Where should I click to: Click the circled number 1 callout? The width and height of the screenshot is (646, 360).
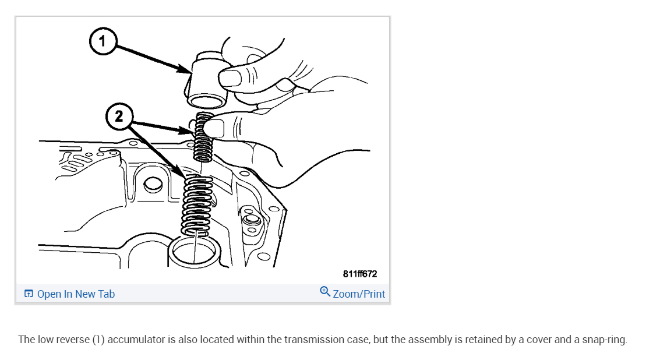click(102, 41)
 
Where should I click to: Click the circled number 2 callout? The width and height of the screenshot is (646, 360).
click(119, 117)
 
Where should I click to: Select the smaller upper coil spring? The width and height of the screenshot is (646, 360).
click(203, 139)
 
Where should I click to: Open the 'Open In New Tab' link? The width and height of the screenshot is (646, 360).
click(76, 294)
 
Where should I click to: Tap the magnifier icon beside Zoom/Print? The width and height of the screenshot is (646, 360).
click(325, 291)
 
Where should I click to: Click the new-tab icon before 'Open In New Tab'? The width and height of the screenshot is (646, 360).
click(29, 294)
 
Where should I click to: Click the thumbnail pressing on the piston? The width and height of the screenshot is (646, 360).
click(234, 76)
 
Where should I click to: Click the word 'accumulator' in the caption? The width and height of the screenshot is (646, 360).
click(136, 340)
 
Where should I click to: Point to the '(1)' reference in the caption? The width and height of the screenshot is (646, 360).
click(98, 340)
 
